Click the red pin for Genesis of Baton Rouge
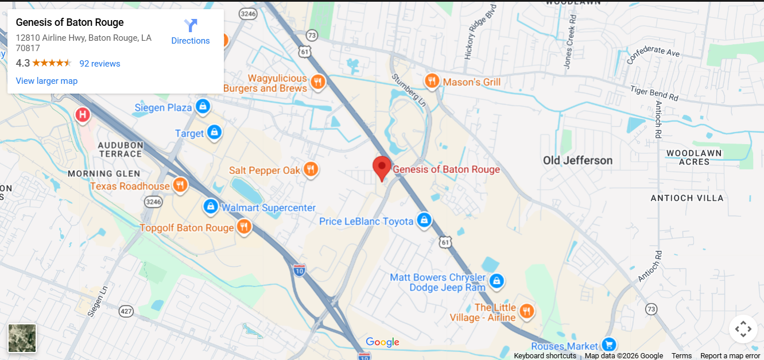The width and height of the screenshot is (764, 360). point(382,167)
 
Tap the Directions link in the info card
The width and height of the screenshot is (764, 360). point(191,33)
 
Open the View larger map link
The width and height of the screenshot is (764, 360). point(46,81)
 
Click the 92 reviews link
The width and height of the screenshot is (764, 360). point(100,64)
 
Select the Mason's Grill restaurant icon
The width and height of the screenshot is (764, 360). point(432,82)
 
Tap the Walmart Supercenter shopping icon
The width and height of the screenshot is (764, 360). point(211,207)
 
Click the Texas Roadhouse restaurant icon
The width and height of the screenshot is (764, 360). point(180,185)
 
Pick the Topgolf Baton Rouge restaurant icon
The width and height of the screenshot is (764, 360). point(244,227)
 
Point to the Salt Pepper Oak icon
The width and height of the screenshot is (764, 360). point(311,169)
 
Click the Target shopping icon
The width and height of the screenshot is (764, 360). point(214,133)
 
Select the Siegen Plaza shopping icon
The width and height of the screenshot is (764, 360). point(202,107)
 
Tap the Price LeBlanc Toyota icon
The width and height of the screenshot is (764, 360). point(424,220)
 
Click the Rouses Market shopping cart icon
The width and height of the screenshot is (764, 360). point(608,344)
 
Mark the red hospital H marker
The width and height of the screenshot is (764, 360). point(83,115)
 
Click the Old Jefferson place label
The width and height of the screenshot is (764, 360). point(577,161)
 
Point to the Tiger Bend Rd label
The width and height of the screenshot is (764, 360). point(654,93)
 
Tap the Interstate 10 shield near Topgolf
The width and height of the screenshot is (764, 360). point(299,270)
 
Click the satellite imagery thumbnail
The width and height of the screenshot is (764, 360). point(22,338)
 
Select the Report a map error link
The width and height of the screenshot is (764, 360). point(730,356)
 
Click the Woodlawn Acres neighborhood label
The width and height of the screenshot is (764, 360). point(694,157)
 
